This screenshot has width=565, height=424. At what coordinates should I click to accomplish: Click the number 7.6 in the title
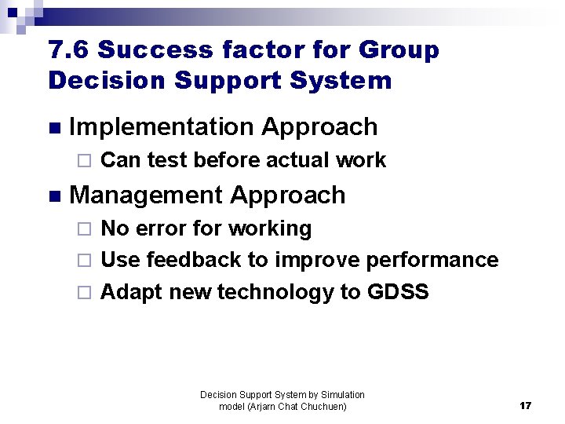pyautogui.click(x=68, y=50)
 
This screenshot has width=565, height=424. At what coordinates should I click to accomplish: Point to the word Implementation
pyautogui.click(x=162, y=126)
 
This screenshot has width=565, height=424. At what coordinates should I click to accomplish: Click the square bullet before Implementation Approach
pyautogui.click(x=53, y=128)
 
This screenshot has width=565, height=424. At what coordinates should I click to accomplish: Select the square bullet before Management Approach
pyautogui.click(x=53, y=196)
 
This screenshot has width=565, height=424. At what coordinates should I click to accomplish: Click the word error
pyautogui.click(x=161, y=229)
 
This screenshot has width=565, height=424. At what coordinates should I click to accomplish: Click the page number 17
pyautogui.click(x=525, y=406)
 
